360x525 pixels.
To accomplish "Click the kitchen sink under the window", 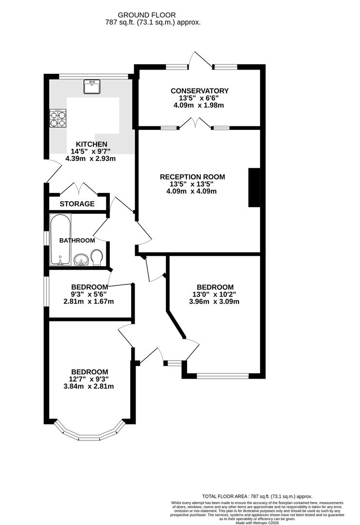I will point(91,87).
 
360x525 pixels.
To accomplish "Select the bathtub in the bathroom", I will point(60,240).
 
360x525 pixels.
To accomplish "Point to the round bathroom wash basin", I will point(81,260).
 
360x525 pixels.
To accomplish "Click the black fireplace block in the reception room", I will point(254,188).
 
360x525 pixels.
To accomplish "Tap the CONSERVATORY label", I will point(199,91).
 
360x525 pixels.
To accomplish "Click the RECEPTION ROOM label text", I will point(192,177).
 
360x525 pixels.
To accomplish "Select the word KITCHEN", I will point(91,144).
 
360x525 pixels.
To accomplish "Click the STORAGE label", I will point(77,204).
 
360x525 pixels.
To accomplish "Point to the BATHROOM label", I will point(77,241).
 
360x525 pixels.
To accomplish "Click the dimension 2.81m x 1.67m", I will point(88,301).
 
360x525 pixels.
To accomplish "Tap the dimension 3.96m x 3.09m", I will point(215,301).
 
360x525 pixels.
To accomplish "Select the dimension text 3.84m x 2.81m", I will point(88,386).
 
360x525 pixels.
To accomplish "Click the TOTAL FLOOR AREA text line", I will point(257,496).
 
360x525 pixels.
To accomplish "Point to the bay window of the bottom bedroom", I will point(89,434).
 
